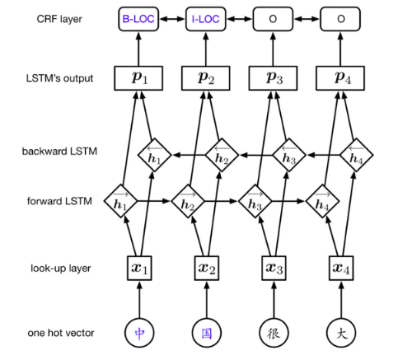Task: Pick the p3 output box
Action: [273, 77]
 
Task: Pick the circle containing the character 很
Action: [273, 334]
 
